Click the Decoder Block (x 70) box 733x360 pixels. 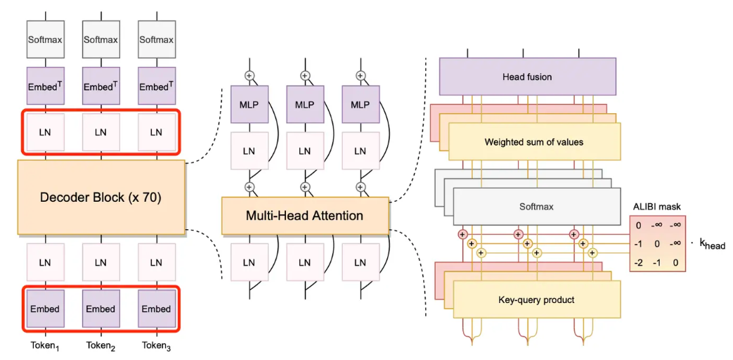point(100,198)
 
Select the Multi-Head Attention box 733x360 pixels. point(304,215)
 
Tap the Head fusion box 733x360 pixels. point(527,77)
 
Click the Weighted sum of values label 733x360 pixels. point(533,142)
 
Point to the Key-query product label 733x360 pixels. point(537,300)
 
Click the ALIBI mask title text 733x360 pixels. point(657,207)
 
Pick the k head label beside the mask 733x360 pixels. point(711,245)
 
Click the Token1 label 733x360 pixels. point(45,346)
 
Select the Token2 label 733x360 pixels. point(100,346)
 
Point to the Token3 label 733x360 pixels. point(156,346)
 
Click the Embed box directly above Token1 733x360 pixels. point(45,309)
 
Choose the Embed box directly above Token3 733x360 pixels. point(156,309)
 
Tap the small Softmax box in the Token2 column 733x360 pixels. point(100,40)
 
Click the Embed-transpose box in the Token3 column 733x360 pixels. point(156,86)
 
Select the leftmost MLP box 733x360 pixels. point(249,105)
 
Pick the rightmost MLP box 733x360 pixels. point(360,105)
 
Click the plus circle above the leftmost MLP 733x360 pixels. point(249,75)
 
